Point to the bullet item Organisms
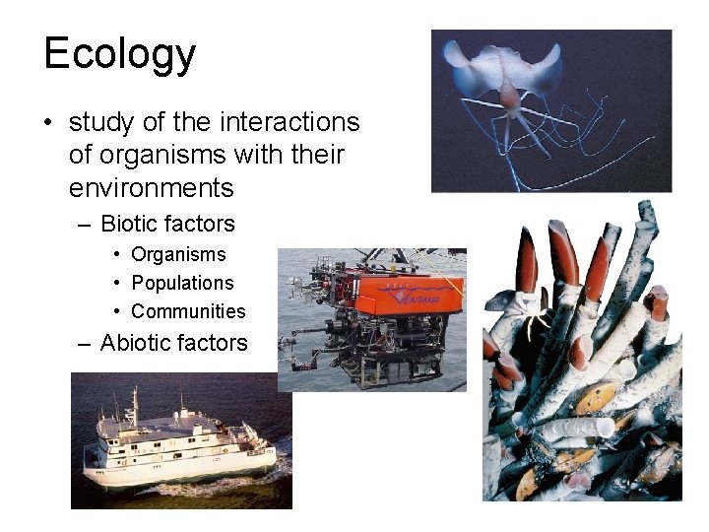click(x=178, y=254)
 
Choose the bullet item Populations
click(x=182, y=283)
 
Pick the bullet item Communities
click(x=188, y=311)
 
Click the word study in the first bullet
click(x=97, y=123)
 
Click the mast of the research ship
click(x=134, y=400)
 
